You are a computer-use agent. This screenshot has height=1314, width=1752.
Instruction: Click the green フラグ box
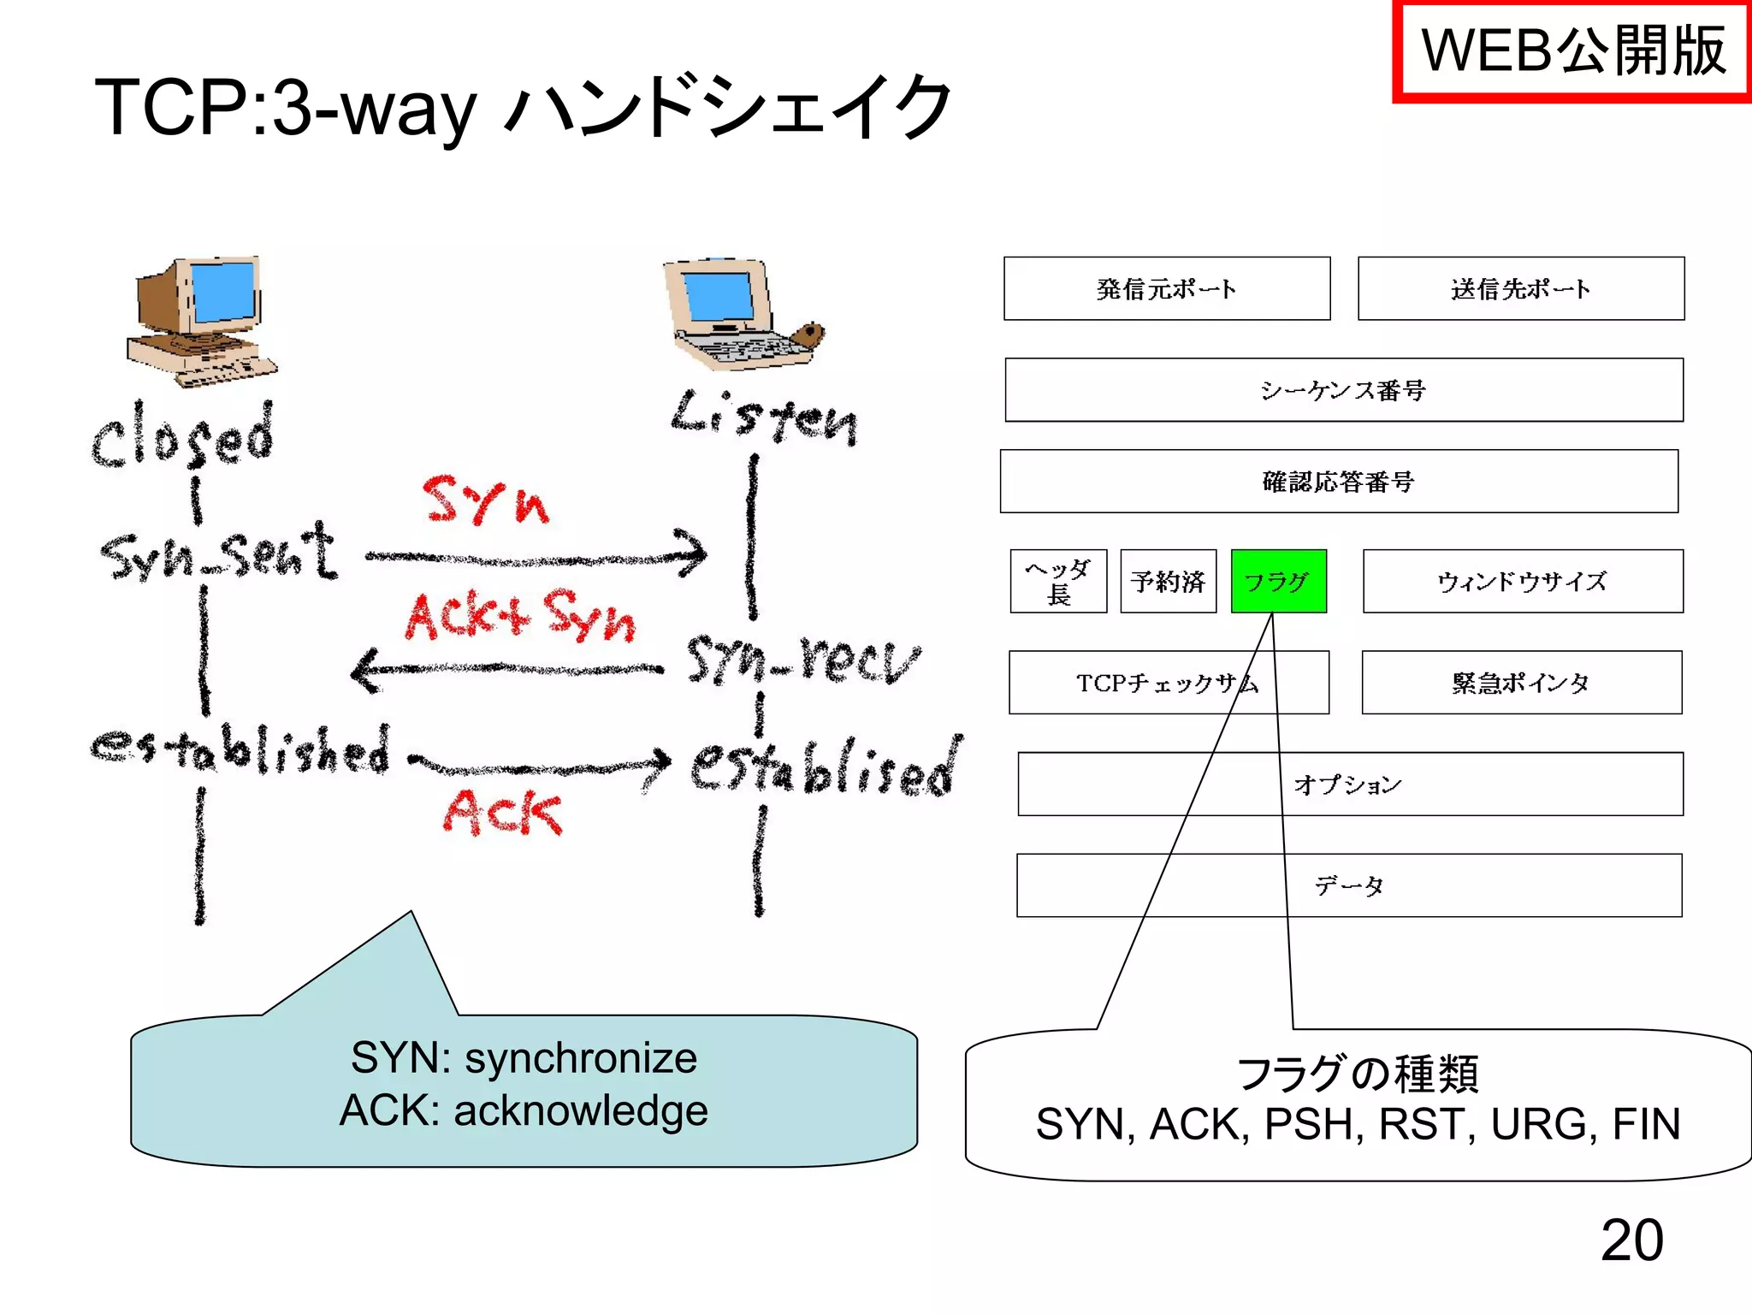click(x=1278, y=582)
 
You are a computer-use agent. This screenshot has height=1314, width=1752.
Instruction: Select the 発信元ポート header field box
click(x=1167, y=289)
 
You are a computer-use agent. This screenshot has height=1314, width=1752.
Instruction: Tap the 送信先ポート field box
click(x=1521, y=289)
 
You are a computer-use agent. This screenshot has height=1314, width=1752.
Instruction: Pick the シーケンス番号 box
click(x=1343, y=390)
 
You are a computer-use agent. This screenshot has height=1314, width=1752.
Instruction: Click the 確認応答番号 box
click(x=1339, y=482)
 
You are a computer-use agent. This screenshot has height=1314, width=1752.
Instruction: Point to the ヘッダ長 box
click(x=1058, y=582)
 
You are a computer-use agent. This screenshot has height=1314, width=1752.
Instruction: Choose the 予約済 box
click(x=1168, y=582)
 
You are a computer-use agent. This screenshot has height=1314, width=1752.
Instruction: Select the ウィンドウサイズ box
click(x=1523, y=582)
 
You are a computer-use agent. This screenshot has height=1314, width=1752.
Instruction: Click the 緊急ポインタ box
click(x=1521, y=683)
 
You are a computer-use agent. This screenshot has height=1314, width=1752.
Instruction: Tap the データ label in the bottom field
click(x=1349, y=885)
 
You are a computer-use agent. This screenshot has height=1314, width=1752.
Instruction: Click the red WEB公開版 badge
click(x=1572, y=51)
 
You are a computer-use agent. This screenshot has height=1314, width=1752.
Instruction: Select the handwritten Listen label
click(x=764, y=417)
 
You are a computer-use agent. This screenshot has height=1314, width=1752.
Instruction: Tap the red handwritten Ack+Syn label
click(x=520, y=616)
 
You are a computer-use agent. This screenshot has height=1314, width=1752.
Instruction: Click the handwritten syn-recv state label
click(x=802, y=660)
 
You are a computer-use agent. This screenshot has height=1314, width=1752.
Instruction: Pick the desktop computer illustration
click(x=200, y=321)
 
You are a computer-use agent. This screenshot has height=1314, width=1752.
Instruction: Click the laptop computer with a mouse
click(x=740, y=314)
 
